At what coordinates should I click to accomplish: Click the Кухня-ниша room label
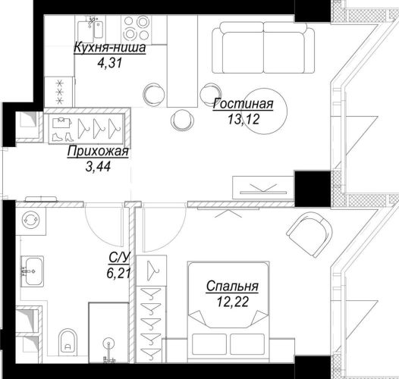tap(110, 48)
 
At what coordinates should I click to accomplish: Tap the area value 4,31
tap(110, 63)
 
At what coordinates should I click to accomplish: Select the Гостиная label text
tap(243, 104)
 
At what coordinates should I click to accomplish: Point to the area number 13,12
tap(243, 119)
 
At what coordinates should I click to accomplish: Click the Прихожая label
tap(98, 152)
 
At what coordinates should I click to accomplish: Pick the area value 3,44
tap(98, 167)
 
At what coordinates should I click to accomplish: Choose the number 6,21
tap(119, 273)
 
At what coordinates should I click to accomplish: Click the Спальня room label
tap(232, 287)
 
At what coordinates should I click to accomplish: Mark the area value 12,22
tap(232, 302)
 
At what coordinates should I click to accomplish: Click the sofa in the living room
tap(263, 48)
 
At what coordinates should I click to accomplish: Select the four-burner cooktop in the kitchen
tap(137, 29)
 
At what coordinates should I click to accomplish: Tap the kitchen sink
tap(90, 29)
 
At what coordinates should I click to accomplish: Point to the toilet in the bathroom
tap(68, 342)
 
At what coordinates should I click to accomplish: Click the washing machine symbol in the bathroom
tap(30, 221)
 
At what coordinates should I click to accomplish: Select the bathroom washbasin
tap(32, 271)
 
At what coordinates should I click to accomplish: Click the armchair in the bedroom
tap(309, 234)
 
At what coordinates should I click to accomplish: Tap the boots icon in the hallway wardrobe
tap(63, 137)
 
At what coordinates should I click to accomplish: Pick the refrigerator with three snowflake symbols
tap(59, 92)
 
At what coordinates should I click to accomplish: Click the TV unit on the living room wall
tap(264, 187)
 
